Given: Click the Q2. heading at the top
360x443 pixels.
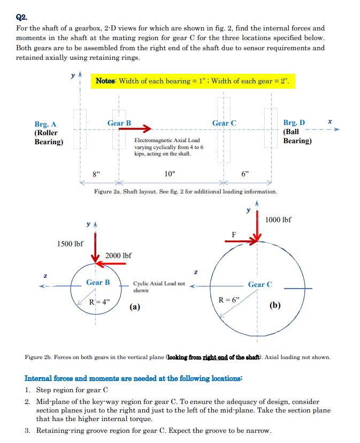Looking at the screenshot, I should [22, 17].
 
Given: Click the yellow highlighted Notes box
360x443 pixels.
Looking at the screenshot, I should [193, 81].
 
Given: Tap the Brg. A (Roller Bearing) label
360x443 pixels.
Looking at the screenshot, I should [48, 133].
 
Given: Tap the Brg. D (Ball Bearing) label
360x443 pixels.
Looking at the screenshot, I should [297, 131].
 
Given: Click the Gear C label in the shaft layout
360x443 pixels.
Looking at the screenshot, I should [224, 123].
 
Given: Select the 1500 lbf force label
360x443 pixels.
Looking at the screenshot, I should [70, 244].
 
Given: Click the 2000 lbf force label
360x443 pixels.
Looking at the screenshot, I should [119, 256].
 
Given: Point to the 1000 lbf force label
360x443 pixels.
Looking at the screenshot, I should [278, 220].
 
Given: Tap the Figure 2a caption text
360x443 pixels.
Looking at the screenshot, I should [185, 191].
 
